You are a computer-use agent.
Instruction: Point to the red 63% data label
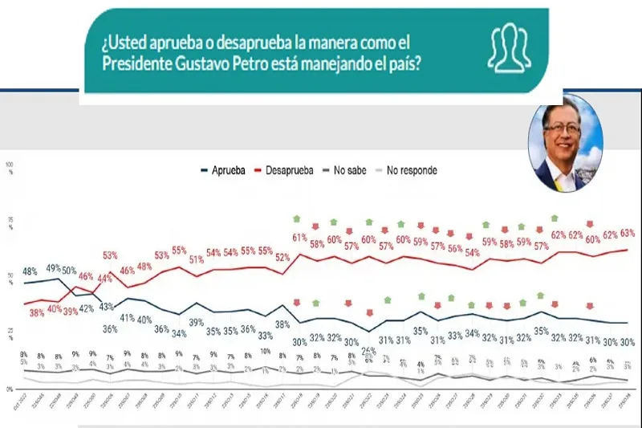pyautogui.click(x=628, y=233)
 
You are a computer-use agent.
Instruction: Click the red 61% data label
pyautogui.click(x=300, y=237)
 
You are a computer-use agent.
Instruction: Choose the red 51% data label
pyautogui.click(x=196, y=259)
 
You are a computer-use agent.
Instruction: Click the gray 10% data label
pyautogui.click(x=265, y=351)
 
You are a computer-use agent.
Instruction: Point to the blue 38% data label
pyautogui.click(x=282, y=325)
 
